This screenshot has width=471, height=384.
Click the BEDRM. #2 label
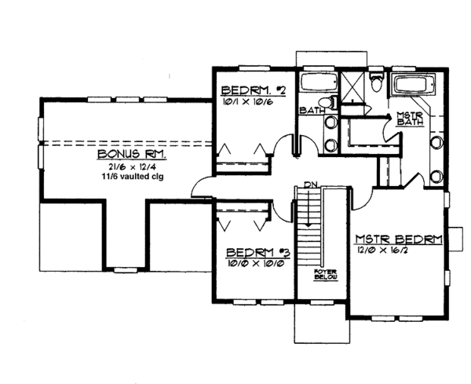tap(253, 90)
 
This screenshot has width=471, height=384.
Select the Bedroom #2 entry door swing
tap(279, 146)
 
